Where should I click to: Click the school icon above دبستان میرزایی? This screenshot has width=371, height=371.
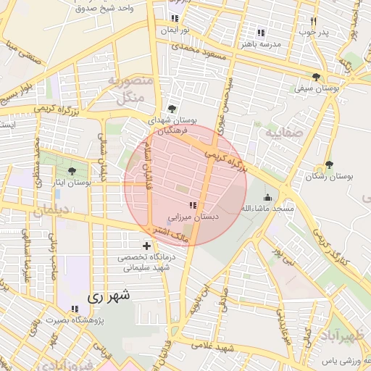coord(192,206)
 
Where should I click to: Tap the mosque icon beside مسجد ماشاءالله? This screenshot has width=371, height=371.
coord(268,198)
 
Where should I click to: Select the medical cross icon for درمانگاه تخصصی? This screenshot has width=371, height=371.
coord(147,246)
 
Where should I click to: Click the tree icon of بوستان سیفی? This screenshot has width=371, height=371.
coord(315,78)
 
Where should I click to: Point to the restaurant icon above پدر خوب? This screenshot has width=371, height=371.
coord(313,22)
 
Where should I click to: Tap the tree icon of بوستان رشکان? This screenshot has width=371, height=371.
coord(329,165)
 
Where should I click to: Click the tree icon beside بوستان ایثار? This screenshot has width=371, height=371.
coord(72,172)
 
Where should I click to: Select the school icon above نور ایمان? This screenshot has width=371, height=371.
coord(174,18)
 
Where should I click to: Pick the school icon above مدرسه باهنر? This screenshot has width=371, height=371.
coord(261,33)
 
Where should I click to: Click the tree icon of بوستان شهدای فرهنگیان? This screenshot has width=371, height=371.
coord(171,109)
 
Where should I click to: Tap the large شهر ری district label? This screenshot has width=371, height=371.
coord(109,296)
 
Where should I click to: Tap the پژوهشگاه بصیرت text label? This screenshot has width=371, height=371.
coord(75,320)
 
